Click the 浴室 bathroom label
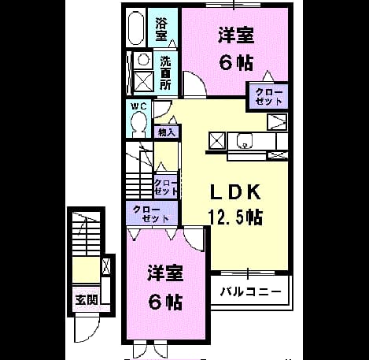(161, 29)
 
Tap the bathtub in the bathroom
(136, 28)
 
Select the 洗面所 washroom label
(165, 72)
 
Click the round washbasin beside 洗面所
(143, 60)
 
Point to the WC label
(138, 106)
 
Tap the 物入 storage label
(167, 132)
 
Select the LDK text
(235, 192)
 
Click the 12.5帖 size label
(235, 217)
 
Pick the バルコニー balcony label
(250, 291)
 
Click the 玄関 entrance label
(87, 299)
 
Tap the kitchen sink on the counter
(245, 140)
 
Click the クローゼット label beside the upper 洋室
(269, 96)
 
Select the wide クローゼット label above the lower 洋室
(151, 214)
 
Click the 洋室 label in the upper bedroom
(236, 36)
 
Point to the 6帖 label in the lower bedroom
(165, 302)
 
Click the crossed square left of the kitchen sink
(217, 141)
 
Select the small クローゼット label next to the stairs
(165, 187)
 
